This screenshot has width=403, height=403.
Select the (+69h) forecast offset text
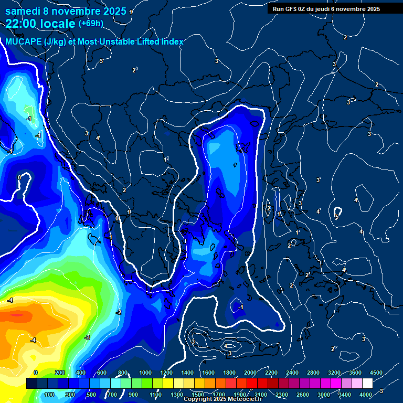point(91,23)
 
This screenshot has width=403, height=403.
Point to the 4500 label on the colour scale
point(376,373)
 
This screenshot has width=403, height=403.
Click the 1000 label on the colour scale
point(145,373)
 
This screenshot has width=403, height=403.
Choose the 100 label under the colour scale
point(50,395)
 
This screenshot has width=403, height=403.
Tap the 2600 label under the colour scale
point(303,395)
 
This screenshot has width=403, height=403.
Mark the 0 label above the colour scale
point(36,373)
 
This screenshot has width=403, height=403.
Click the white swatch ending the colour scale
point(367,384)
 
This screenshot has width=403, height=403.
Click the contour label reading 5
point(337,217)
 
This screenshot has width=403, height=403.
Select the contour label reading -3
point(87,337)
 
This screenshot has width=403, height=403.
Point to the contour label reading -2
point(119,313)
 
